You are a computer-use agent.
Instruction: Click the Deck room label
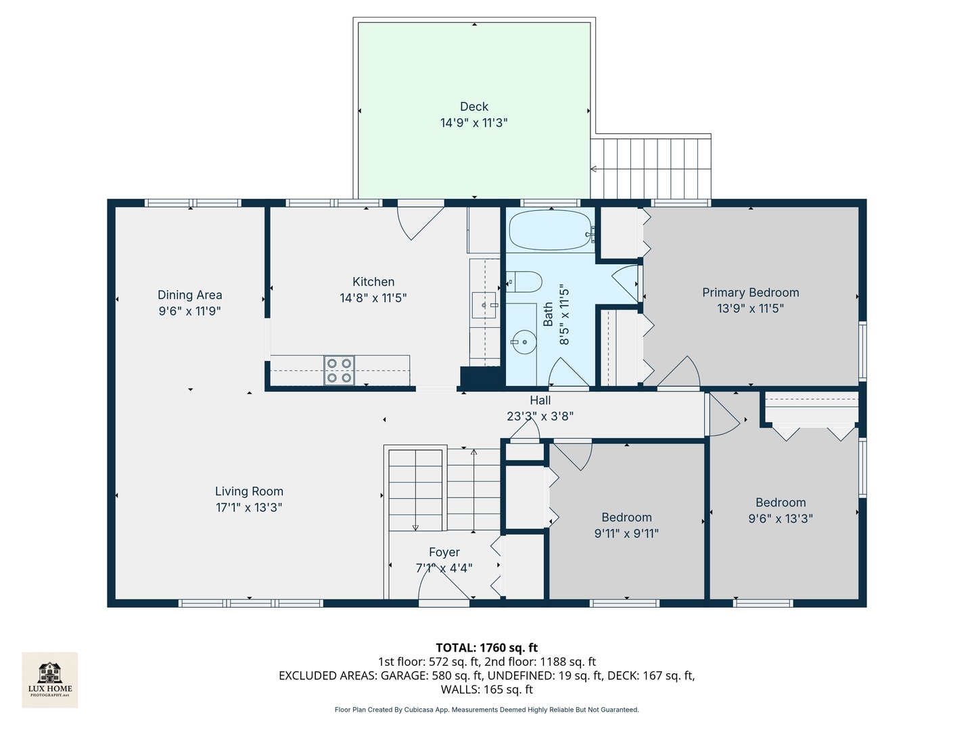(473, 107)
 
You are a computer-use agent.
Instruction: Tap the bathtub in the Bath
(549, 230)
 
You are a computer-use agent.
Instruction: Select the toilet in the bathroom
(524, 281)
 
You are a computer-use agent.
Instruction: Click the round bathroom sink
(522, 342)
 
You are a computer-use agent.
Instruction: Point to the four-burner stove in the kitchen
(339, 370)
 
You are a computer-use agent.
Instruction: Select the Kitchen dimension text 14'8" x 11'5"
(373, 298)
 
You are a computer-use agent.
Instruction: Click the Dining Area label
(189, 295)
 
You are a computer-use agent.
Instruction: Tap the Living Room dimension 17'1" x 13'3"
(249, 508)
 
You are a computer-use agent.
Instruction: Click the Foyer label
(444, 552)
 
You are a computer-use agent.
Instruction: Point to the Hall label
(540, 400)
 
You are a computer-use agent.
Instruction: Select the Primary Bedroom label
(750, 293)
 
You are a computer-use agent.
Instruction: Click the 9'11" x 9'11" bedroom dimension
(626, 533)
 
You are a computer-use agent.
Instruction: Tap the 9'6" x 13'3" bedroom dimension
(780, 518)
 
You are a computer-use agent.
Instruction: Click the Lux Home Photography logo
(50, 679)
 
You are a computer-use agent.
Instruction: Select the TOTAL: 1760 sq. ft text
(486, 648)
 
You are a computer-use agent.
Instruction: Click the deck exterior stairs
(651, 168)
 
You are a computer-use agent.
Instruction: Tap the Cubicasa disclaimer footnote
(486, 710)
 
